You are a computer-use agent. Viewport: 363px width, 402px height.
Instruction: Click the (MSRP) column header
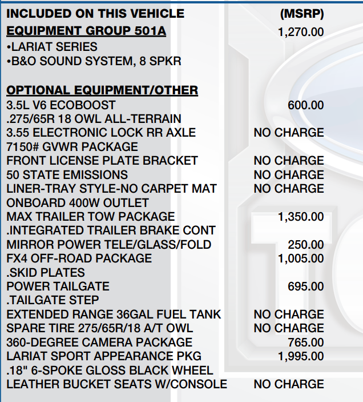(302, 13)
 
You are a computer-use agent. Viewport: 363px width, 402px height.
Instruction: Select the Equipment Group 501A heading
(86, 31)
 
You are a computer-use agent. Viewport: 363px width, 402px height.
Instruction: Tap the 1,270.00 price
(301, 32)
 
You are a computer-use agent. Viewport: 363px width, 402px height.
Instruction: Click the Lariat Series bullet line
(52, 46)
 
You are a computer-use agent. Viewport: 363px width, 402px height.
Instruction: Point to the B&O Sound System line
(94, 61)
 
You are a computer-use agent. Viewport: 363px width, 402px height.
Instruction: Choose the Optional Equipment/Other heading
(102, 90)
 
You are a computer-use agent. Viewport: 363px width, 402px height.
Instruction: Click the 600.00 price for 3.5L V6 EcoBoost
(305, 105)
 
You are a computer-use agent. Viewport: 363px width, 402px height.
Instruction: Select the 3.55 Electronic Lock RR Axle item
(101, 133)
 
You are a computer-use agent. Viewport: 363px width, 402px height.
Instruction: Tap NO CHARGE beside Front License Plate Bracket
(288, 161)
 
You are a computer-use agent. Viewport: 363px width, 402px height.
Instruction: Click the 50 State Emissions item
(67, 174)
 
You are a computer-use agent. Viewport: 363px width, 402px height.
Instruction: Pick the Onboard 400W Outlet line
(77, 202)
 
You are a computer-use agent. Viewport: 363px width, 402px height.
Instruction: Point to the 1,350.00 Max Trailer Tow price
(301, 217)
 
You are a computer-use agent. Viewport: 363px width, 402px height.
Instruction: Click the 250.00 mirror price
(305, 245)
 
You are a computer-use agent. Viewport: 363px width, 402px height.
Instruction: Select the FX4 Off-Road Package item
(79, 258)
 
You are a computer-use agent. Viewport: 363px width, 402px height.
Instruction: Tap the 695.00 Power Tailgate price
(305, 286)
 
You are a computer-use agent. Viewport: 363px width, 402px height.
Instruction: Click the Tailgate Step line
(53, 300)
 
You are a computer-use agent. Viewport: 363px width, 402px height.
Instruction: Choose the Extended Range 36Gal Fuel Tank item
(114, 315)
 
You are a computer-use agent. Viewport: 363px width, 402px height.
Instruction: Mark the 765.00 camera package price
(305, 343)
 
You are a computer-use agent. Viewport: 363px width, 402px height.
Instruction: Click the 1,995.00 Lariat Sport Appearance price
(301, 356)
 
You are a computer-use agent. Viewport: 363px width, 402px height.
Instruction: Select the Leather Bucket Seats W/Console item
(116, 384)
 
